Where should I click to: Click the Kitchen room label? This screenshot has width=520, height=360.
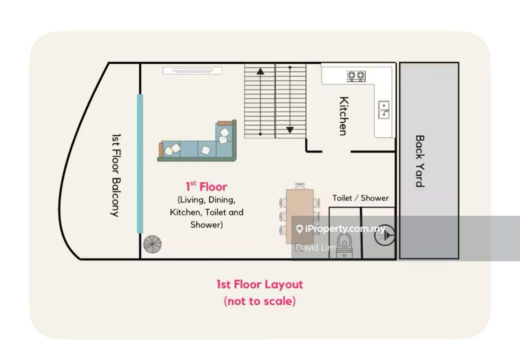[x=344, y=116]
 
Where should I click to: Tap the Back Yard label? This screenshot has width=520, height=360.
[x=420, y=161]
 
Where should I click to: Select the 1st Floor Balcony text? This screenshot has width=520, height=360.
[x=116, y=176]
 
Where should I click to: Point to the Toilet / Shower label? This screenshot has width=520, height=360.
[x=360, y=198]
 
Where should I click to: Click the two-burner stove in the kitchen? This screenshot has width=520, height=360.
[x=356, y=76]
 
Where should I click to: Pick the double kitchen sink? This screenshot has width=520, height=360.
[x=384, y=110]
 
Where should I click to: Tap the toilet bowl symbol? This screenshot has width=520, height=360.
[x=344, y=246]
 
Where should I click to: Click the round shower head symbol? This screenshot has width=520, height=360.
[x=384, y=235]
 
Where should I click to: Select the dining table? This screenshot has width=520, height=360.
[x=300, y=217]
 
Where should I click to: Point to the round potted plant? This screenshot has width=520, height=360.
[x=152, y=244]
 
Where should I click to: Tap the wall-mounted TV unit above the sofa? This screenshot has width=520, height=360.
[x=192, y=70]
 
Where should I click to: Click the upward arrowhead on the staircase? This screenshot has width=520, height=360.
[x=260, y=71]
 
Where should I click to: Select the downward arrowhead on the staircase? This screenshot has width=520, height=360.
[x=290, y=130]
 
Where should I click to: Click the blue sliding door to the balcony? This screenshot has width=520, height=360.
[x=140, y=163]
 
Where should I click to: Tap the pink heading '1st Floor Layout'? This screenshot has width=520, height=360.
[x=260, y=284]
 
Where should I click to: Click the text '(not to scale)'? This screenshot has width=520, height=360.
[x=260, y=301]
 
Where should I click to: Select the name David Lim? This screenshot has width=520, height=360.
[x=316, y=247]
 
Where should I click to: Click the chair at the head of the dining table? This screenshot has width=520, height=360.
[x=300, y=186]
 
